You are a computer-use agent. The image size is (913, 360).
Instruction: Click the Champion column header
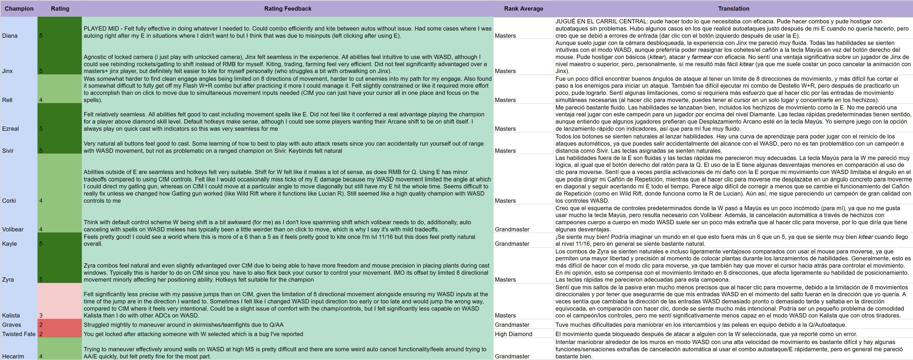click(19, 9)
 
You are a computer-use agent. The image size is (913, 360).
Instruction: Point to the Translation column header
click(733, 9)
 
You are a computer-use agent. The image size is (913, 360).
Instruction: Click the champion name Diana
click(10, 36)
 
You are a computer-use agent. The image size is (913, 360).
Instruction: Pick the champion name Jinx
click(7, 71)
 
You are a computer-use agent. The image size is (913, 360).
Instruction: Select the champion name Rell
click(7, 100)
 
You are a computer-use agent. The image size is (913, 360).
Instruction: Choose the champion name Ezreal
click(11, 129)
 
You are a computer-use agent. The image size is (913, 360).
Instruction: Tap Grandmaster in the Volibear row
click(512, 230)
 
